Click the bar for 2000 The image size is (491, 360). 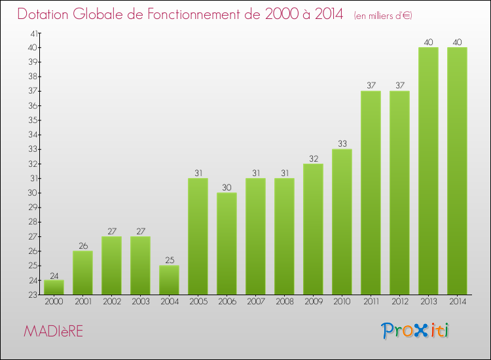[x=54, y=287]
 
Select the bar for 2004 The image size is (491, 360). [x=169, y=280]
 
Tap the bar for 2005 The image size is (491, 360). [x=198, y=236]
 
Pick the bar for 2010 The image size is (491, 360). [x=342, y=222]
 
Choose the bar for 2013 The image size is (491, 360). [x=428, y=171]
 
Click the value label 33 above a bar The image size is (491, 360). [x=342, y=144]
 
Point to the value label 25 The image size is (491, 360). [x=169, y=260]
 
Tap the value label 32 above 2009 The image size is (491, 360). [x=313, y=158]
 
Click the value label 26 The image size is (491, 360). [x=82, y=245]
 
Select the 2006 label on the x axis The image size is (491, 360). [x=227, y=302]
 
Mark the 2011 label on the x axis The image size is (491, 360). [x=371, y=302]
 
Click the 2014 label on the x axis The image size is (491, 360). [x=457, y=302]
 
